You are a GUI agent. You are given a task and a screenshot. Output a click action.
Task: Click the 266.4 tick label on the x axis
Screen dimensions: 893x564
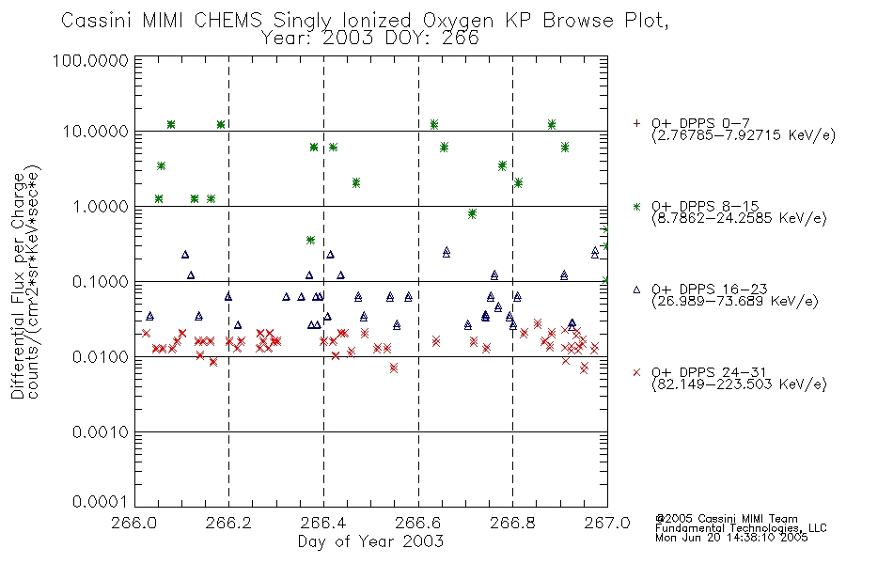[x=323, y=523]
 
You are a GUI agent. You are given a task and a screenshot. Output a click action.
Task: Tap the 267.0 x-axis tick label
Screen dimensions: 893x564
[x=607, y=523]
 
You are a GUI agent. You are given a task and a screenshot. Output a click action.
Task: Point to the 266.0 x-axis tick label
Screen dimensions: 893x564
[x=134, y=523]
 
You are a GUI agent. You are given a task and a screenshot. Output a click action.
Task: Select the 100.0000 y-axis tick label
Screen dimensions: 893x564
[x=91, y=60]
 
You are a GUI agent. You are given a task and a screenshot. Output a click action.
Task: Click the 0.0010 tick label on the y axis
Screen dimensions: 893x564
[x=101, y=432]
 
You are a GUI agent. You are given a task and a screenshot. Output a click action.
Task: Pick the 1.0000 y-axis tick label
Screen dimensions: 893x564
[x=101, y=206]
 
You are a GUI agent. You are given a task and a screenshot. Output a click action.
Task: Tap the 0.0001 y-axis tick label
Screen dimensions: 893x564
[x=101, y=502]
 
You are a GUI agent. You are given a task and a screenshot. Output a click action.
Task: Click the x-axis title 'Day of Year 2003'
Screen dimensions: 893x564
[x=370, y=541]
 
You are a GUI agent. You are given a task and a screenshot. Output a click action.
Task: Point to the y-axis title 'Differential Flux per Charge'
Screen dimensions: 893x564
[x=18, y=286]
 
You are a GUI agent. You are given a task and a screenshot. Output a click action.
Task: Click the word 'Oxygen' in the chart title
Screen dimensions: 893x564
[x=460, y=21]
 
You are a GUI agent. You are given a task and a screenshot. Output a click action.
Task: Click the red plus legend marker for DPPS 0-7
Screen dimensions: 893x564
[x=636, y=123]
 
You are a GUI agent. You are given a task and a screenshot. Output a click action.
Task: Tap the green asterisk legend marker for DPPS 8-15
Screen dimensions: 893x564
[x=636, y=206]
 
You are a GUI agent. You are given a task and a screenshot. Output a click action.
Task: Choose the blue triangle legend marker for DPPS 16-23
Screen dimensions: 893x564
[x=636, y=290]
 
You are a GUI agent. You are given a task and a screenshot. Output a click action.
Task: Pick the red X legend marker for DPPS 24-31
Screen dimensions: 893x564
[x=636, y=372]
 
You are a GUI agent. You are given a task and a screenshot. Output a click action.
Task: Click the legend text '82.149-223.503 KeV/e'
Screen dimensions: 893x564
[x=739, y=384]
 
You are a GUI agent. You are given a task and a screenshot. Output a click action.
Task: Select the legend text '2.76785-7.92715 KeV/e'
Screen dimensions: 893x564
[x=744, y=135]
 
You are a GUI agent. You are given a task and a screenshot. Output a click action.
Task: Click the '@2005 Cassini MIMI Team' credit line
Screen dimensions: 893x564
[x=727, y=519]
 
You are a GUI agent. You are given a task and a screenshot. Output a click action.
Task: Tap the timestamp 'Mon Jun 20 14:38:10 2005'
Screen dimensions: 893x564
[x=731, y=538]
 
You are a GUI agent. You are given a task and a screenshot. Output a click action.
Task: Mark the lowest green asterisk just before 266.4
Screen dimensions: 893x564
[x=310, y=241]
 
